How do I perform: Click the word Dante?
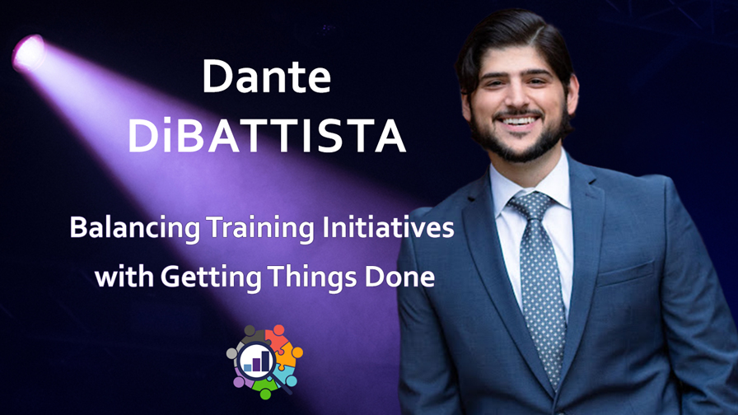coord(266,77)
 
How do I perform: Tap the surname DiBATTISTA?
coord(267,136)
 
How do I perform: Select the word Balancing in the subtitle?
coord(135,228)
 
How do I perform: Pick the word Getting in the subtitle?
coord(211,277)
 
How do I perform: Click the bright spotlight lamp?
coord(29,53)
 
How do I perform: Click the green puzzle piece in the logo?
coord(265,388)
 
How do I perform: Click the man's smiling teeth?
coord(518,121)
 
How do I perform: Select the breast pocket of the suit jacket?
coord(626,274)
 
